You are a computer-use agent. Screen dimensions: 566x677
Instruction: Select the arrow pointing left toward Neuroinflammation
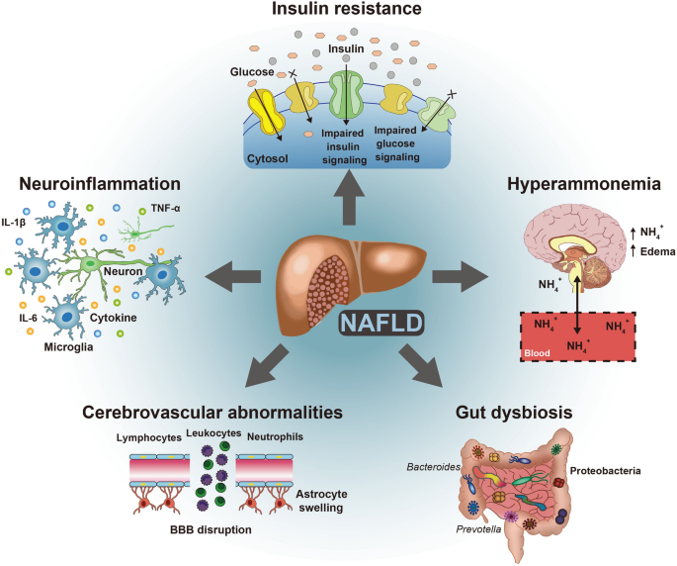coord(235,273)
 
